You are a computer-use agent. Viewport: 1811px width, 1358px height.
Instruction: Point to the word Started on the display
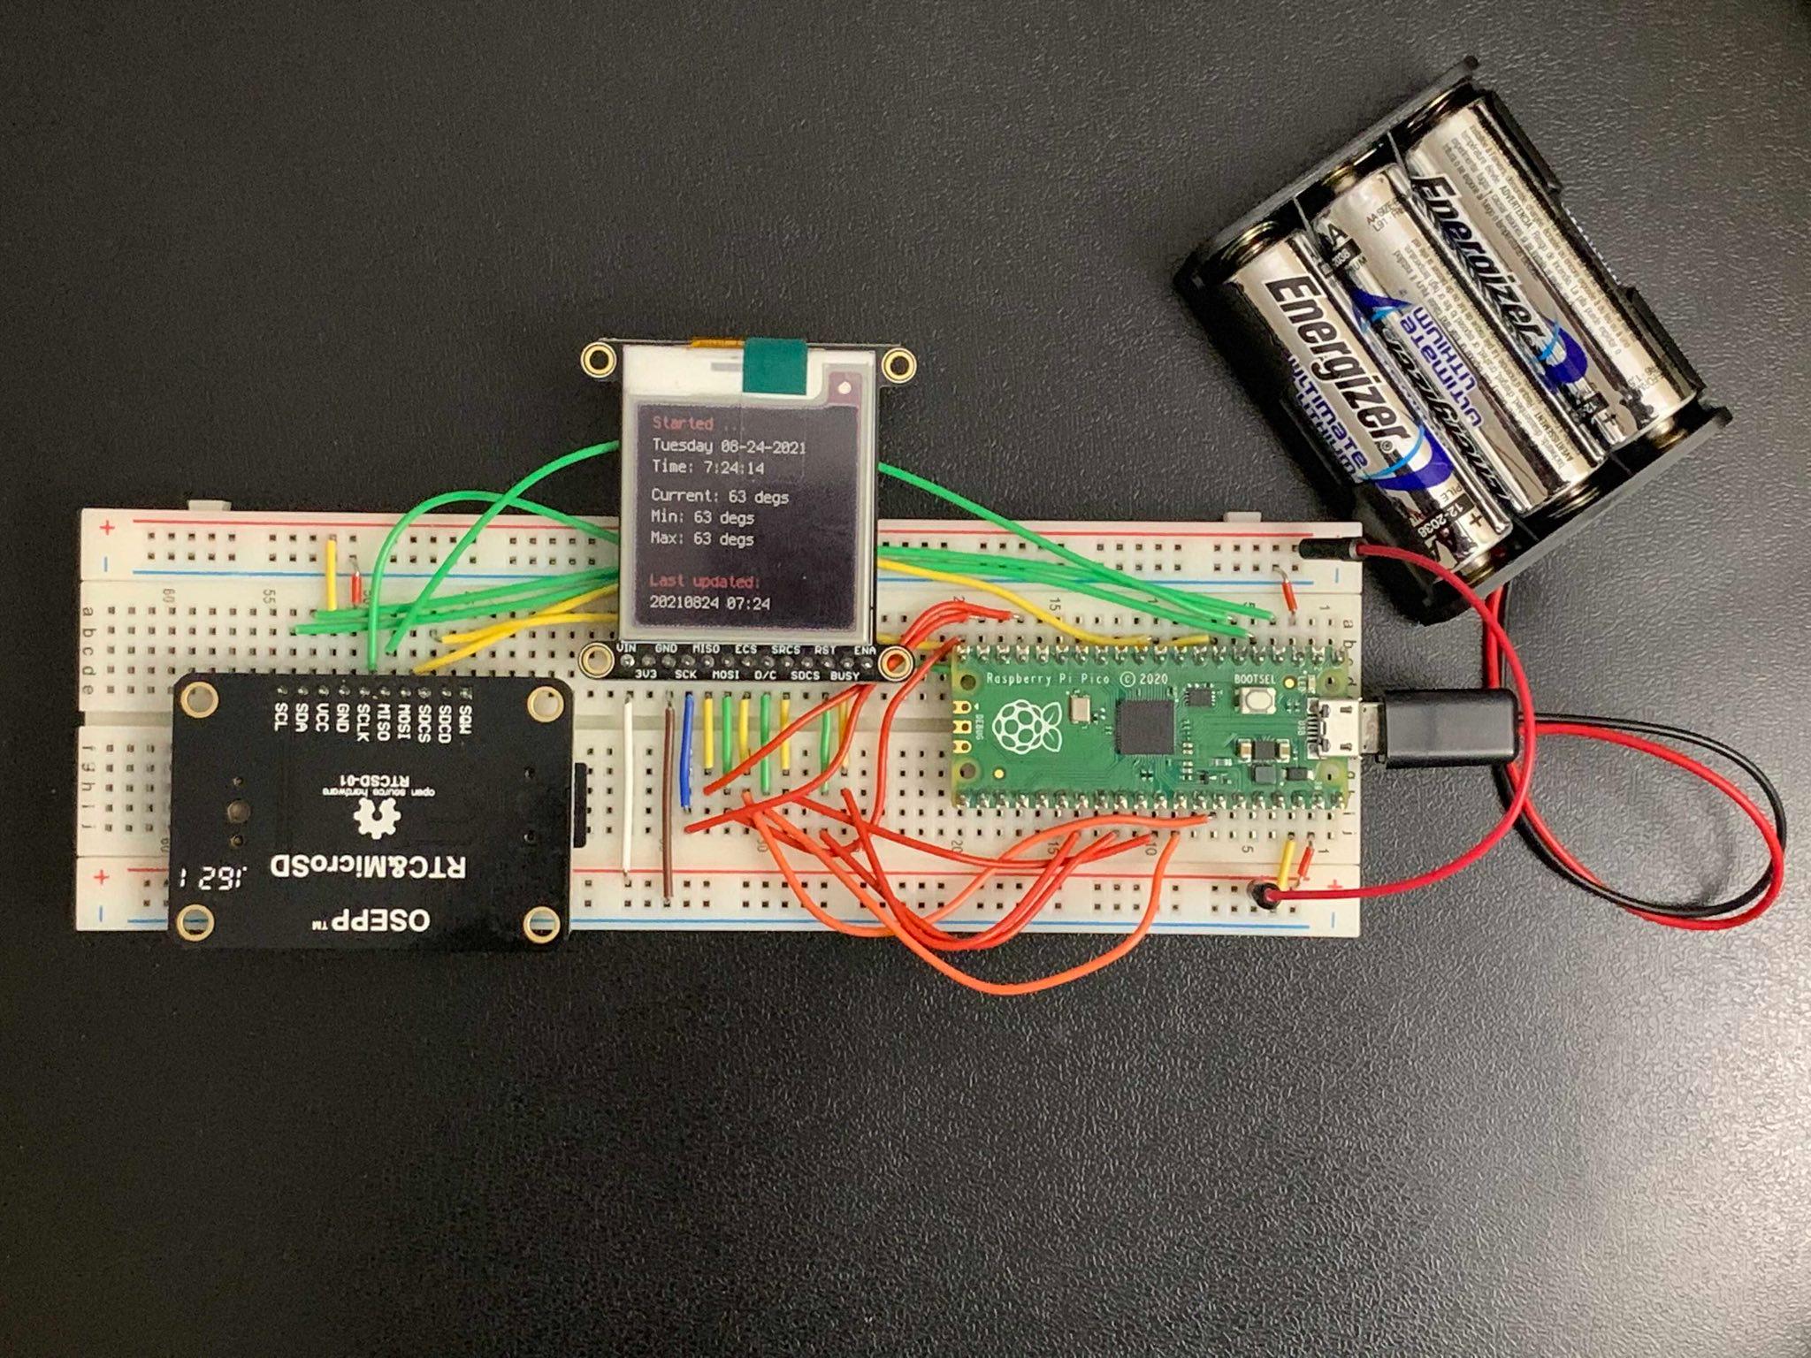click(x=682, y=423)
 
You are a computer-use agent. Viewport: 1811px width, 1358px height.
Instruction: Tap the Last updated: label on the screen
click(x=704, y=582)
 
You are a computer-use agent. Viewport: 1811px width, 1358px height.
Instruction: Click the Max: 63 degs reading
click(x=702, y=538)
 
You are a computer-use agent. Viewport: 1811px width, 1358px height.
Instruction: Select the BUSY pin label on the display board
click(x=844, y=676)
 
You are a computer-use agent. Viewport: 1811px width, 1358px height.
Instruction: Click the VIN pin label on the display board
click(x=626, y=649)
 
